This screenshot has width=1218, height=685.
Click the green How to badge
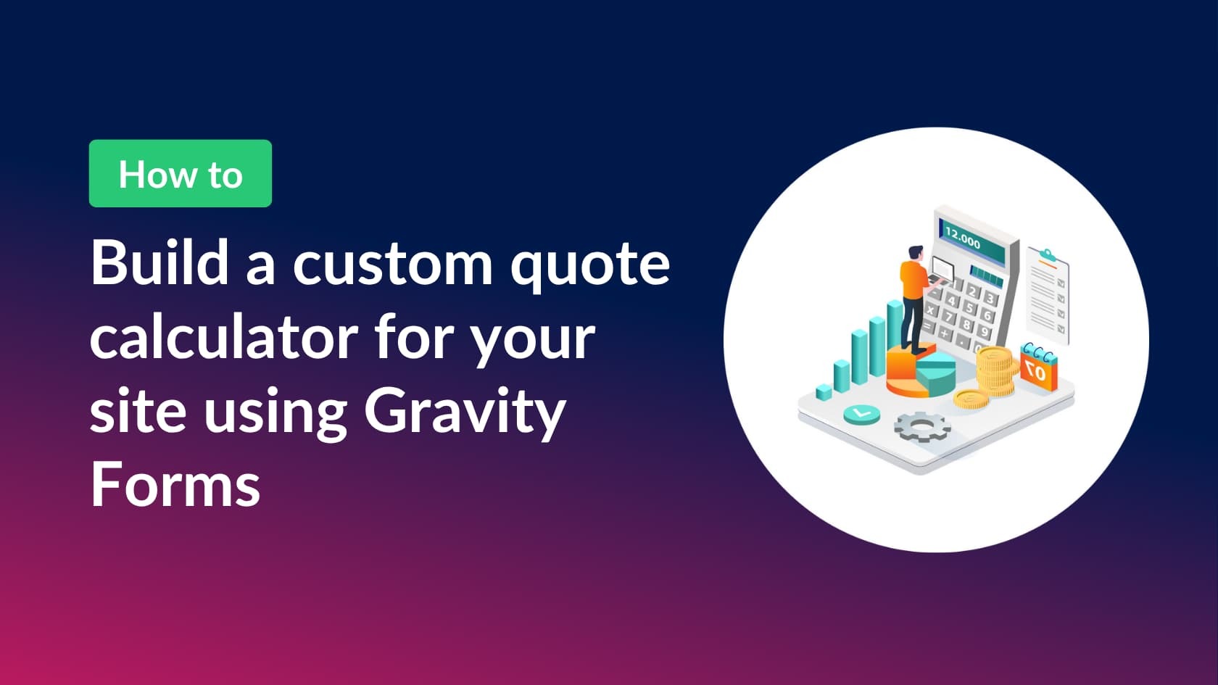(x=180, y=174)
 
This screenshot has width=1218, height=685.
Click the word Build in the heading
(x=159, y=262)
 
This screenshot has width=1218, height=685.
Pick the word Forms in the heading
(x=175, y=486)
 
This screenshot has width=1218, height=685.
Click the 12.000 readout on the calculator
(x=962, y=237)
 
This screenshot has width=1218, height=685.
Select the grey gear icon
(x=921, y=427)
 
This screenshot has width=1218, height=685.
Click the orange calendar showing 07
(x=1038, y=369)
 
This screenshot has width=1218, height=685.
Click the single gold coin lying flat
(x=972, y=399)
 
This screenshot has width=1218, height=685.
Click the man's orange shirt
(x=912, y=280)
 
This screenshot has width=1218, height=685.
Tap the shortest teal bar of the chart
(x=824, y=392)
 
